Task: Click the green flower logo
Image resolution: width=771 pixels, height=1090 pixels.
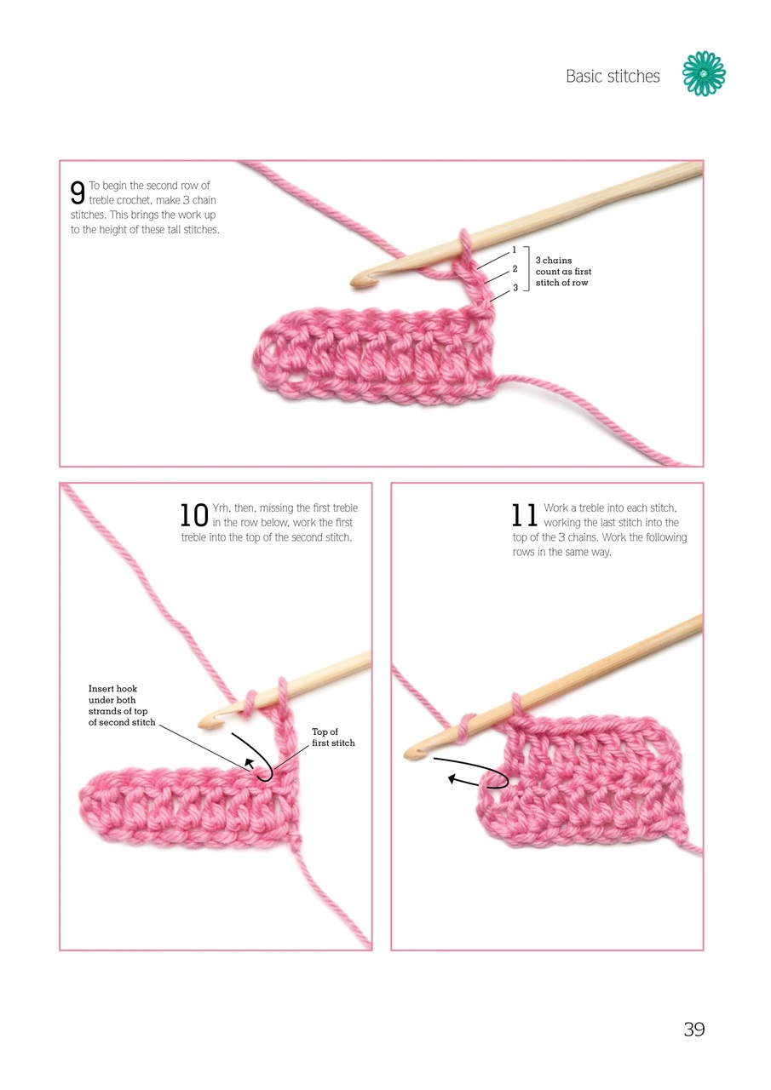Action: (704, 73)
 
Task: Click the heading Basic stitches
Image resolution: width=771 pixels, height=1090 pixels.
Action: (613, 77)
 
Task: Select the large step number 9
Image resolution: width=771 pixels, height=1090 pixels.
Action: (78, 192)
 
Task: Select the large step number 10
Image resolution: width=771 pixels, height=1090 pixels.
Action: (194, 515)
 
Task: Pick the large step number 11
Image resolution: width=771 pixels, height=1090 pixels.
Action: (524, 515)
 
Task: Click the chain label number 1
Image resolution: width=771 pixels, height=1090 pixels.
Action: (514, 250)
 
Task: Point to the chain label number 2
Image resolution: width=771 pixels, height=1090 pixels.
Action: (515, 269)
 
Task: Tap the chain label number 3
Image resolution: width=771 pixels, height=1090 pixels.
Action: (515, 288)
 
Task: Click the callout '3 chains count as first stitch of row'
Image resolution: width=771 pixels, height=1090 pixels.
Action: (563, 272)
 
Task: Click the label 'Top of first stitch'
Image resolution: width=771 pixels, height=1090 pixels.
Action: (333, 737)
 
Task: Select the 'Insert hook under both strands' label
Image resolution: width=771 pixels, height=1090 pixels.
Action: (122, 705)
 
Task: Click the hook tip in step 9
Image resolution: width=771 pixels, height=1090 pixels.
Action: (355, 283)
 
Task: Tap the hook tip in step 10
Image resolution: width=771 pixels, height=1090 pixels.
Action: (204, 724)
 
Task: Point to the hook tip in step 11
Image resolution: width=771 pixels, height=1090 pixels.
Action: (410, 754)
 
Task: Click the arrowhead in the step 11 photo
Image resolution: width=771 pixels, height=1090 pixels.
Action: (452, 779)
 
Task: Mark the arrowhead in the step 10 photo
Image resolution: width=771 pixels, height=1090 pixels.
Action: (250, 762)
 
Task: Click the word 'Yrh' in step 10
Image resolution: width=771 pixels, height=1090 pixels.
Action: (222, 508)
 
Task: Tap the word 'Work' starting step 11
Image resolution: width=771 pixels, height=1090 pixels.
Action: (555, 508)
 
